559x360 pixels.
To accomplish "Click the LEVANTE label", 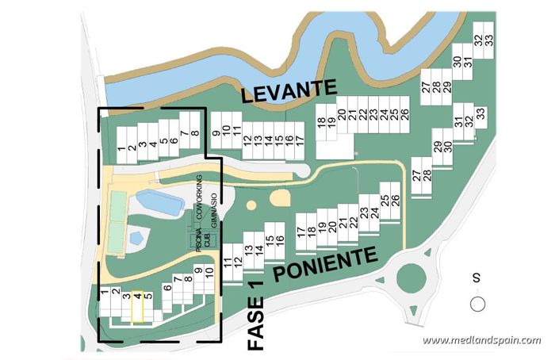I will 289,93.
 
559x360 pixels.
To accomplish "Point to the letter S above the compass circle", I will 477,278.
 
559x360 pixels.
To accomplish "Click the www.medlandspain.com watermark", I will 481,340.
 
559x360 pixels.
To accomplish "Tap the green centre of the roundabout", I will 412,278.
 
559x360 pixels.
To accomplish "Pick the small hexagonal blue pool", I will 136,236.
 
